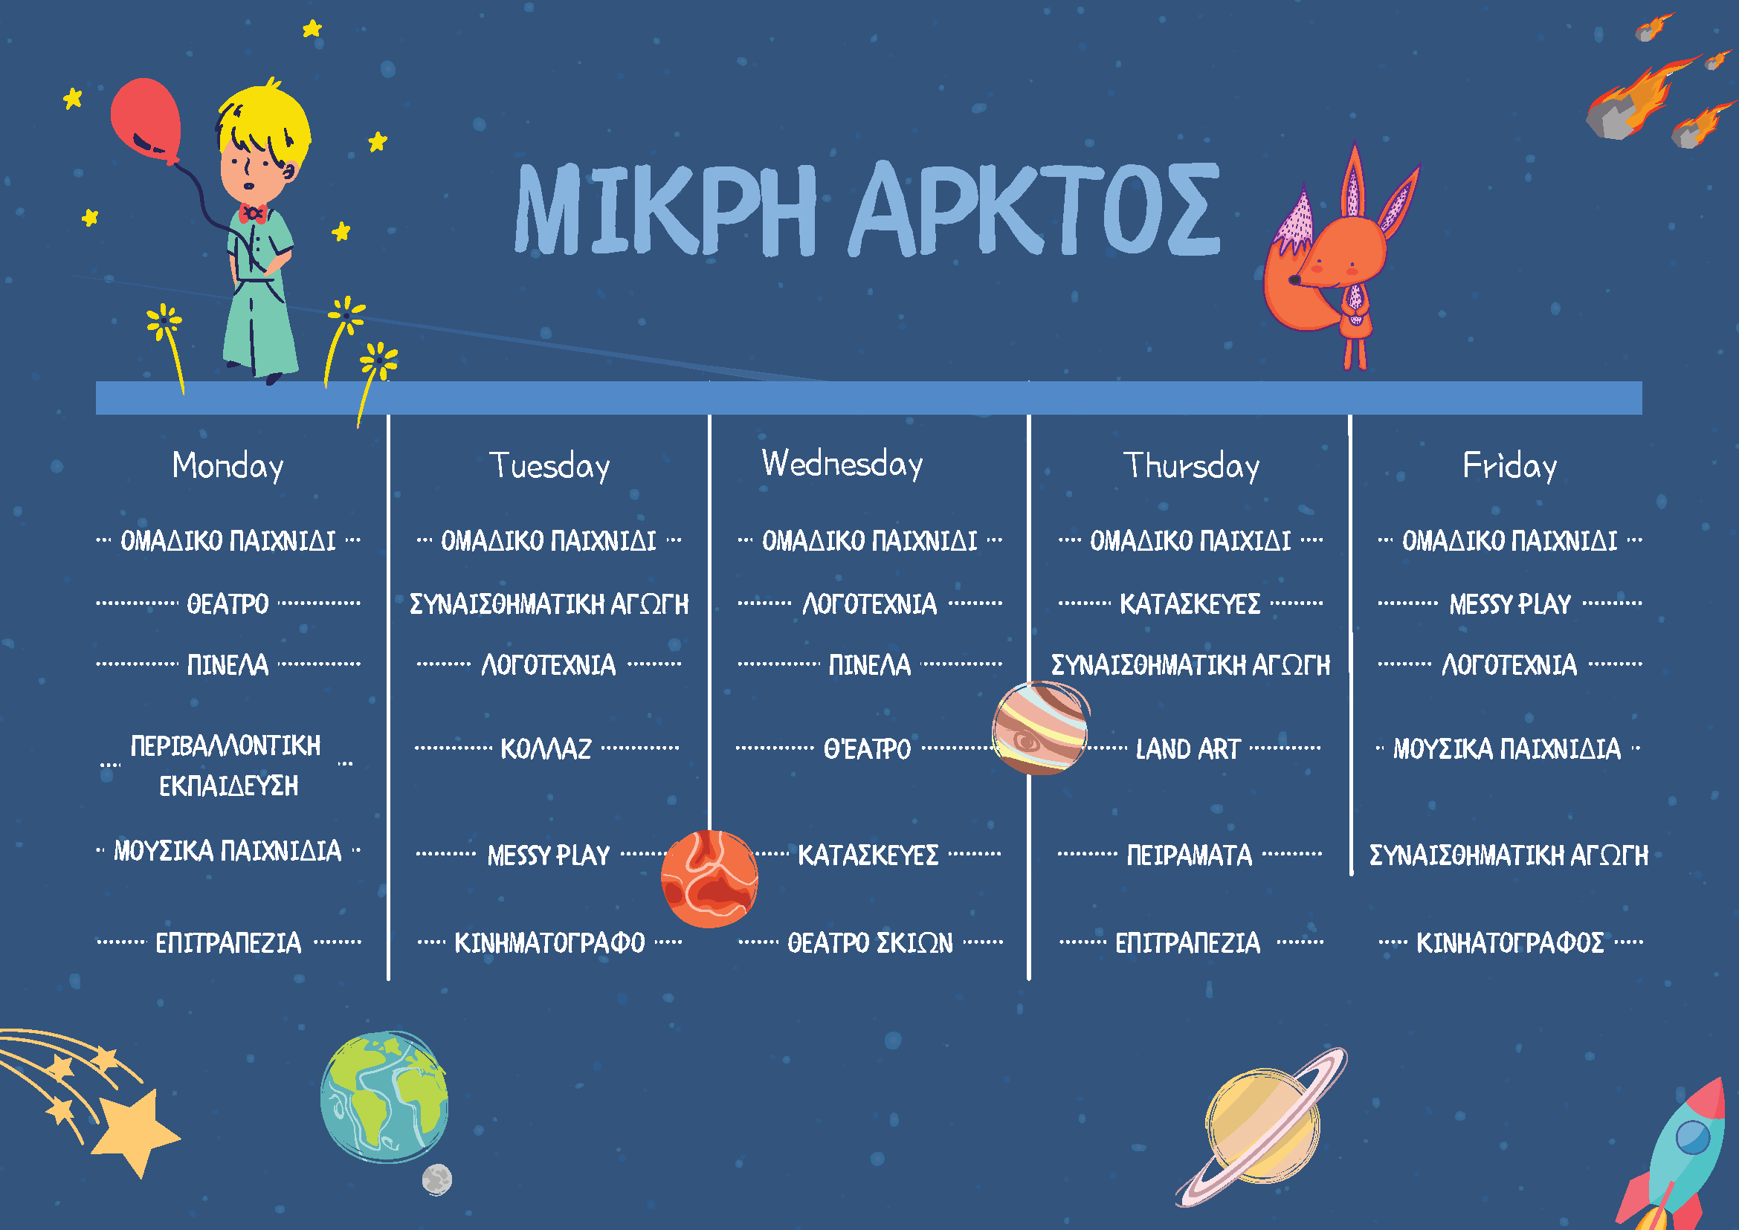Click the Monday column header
click(228, 465)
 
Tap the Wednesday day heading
click(842, 464)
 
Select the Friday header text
click(1509, 465)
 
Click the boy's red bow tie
click(252, 213)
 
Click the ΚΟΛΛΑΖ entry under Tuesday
click(546, 749)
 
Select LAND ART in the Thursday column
click(1187, 749)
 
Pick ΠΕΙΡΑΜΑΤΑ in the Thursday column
click(1189, 855)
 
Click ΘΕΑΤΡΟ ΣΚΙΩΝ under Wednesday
click(870, 943)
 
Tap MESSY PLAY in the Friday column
click(1509, 604)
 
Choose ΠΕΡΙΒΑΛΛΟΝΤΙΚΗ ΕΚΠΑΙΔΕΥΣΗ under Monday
click(227, 765)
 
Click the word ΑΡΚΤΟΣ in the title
click(1035, 210)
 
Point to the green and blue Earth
click(384, 1098)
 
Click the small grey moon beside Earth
click(437, 1179)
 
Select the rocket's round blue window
click(1693, 1137)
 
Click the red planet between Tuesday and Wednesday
click(710, 878)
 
